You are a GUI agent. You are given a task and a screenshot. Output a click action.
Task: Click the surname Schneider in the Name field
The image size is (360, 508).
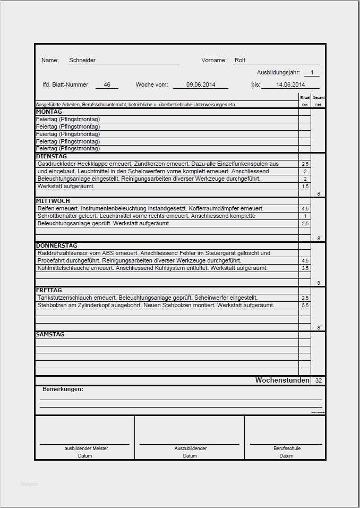click(x=82, y=61)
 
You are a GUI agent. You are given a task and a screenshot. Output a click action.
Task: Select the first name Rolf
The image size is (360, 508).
click(x=240, y=61)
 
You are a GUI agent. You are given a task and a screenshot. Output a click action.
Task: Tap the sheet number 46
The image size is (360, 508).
click(x=107, y=84)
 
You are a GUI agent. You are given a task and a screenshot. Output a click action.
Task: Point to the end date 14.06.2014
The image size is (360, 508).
click(x=290, y=84)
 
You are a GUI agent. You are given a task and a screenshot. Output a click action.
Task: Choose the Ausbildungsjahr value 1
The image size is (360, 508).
click(x=312, y=72)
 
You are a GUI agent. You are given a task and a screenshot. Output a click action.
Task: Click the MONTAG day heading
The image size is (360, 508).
click(x=49, y=112)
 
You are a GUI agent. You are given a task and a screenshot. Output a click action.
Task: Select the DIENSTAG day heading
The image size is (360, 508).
click(x=52, y=157)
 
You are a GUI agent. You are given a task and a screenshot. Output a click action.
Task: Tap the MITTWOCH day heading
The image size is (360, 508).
click(x=53, y=201)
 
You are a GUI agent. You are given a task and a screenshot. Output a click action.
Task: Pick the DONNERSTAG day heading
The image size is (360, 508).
click(x=56, y=245)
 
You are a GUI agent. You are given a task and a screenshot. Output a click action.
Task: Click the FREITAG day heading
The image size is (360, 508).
click(x=49, y=291)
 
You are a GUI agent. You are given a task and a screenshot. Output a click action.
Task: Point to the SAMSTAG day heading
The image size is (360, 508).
click(x=50, y=335)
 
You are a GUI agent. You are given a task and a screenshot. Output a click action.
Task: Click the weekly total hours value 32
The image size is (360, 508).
click(x=319, y=381)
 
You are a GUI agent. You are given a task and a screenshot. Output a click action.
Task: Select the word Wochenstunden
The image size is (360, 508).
click(x=282, y=380)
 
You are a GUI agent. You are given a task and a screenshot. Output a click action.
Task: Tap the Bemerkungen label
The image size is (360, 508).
click(x=63, y=390)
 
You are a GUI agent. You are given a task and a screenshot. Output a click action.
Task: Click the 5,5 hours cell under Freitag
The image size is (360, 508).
click(x=305, y=306)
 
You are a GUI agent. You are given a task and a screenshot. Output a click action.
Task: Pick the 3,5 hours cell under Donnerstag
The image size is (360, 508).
click(x=305, y=268)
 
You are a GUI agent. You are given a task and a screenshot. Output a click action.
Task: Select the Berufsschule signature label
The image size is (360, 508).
click(x=287, y=448)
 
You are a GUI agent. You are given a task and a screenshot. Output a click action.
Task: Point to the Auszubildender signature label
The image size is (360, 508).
click(x=190, y=448)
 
